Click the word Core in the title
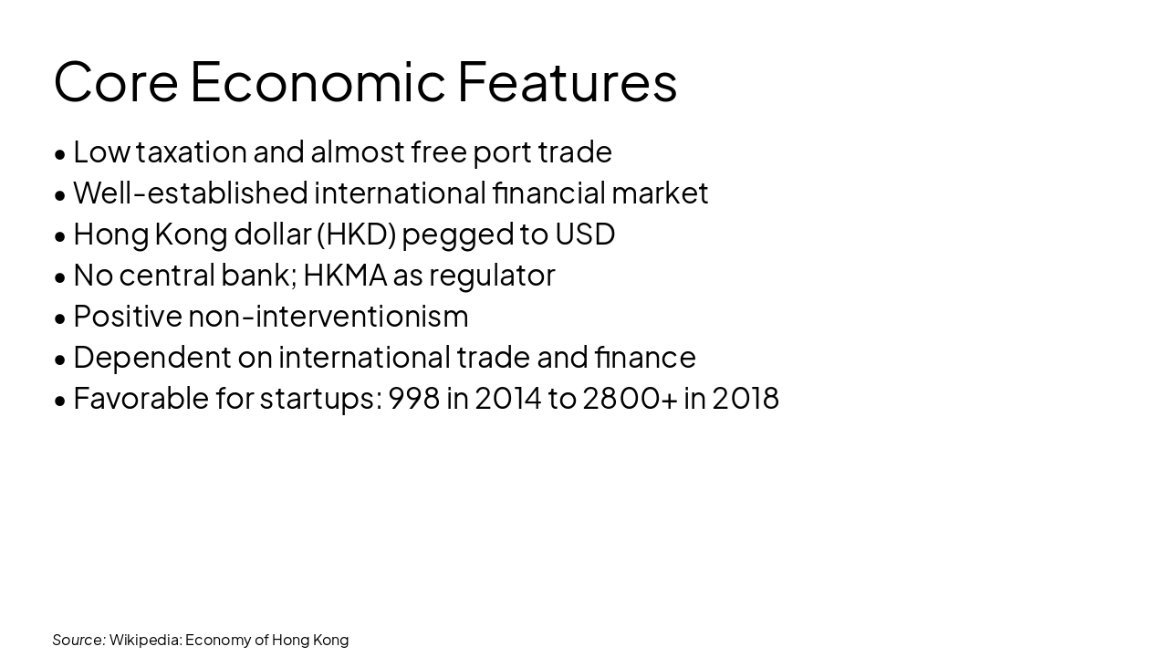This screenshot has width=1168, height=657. click(x=116, y=81)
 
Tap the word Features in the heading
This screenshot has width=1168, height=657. click(x=567, y=81)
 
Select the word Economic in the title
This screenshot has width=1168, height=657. click(x=318, y=81)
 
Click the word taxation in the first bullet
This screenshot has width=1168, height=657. click(x=191, y=151)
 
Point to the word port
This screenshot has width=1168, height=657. click(x=501, y=151)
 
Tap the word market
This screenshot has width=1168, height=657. click(x=660, y=193)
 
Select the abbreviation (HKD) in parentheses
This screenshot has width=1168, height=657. click(x=356, y=234)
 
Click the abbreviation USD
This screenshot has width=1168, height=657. click(x=585, y=234)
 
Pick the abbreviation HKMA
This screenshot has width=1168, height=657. click(x=345, y=275)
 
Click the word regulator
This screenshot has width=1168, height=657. click(x=492, y=275)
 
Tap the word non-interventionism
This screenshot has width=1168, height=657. click(x=328, y=316)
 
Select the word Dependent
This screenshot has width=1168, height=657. click(x=152, y=357)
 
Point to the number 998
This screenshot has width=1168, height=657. click(x=414, y=398)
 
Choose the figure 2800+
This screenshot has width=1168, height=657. click(x=630, y=398)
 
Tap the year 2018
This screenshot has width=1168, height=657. click(x=746, y=398)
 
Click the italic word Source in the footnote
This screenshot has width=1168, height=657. click(x=78, y=640)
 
